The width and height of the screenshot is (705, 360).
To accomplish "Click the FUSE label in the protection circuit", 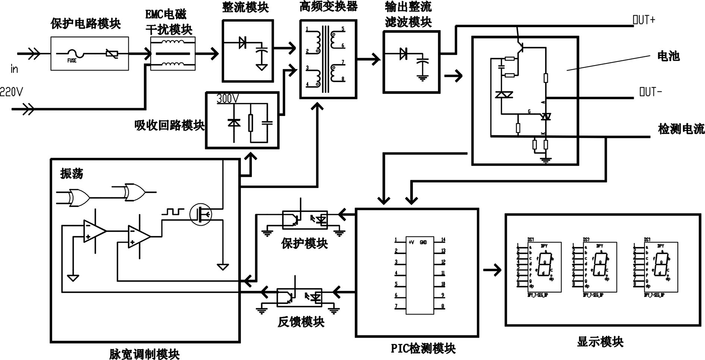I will coord(72,60).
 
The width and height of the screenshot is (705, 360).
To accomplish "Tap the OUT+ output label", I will coord(644,20).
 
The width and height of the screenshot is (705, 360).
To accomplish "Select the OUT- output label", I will coord(651,92).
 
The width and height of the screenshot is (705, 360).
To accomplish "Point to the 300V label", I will coord(228,99).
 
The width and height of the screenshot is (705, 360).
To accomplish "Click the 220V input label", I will coord(11,92).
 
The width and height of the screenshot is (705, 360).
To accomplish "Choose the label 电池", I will coord(668,56).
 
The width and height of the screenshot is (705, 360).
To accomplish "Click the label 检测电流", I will coord(681,129).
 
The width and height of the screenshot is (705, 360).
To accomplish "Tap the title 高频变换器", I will coord(328,6).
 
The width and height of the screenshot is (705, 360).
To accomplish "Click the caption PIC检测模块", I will coord(423,348).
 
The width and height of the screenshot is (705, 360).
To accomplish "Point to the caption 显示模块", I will coord(600,342).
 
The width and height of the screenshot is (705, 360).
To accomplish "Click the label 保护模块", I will coord(305,244).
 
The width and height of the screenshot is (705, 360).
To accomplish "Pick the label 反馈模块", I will coord(301,322).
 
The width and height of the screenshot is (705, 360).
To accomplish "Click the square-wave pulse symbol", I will coord(173,212).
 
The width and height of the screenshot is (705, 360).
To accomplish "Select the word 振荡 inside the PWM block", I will coord(72,174).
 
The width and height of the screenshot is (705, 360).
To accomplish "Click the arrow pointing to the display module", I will coord(492,270).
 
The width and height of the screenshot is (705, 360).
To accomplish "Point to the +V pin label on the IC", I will coord(411,242).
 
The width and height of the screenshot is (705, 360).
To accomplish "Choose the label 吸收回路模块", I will coord(169,125).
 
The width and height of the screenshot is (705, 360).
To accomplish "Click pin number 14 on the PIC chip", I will coord(443,240).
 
